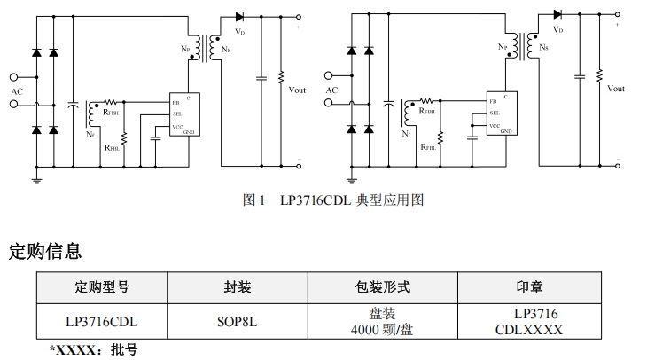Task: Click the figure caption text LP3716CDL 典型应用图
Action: pos(333,200)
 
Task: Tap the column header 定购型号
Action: pos(101,287)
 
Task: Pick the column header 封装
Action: pos(237,287)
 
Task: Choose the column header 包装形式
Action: pos(381,287)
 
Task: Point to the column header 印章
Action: pos(529,287)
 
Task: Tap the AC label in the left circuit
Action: pos(18,90)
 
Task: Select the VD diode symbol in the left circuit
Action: pos(239,16)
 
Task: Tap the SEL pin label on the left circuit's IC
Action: pos(177,113)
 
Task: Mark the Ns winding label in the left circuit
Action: pos(229,51)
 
